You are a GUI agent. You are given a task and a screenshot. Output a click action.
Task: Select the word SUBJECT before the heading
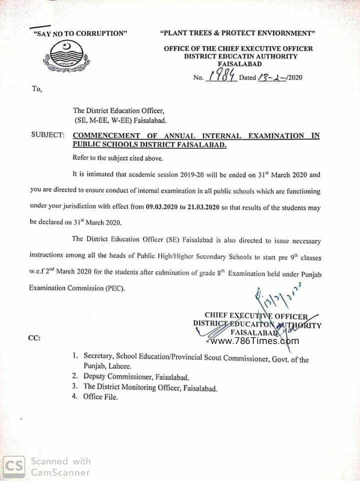tap(47, 135)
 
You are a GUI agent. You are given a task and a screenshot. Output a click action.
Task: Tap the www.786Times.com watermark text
tap(255, 341)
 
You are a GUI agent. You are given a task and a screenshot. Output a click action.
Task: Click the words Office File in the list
tap(100, 397)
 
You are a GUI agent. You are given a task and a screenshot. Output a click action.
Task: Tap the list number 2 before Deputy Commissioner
tap(74, 376)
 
